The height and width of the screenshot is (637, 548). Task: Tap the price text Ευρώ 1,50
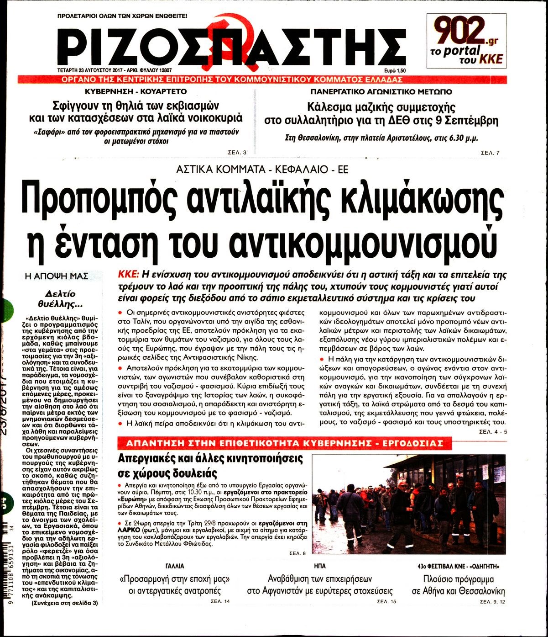(395, 70)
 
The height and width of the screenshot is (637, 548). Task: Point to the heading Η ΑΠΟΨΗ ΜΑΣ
(57, 276)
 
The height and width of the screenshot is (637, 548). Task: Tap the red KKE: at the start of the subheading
(128, 275)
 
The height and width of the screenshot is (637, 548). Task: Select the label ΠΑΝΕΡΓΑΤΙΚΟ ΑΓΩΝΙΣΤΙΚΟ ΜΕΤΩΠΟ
(381, 91)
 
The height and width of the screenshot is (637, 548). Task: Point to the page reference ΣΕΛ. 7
(491, 152)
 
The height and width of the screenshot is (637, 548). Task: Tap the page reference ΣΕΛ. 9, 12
(492, 601)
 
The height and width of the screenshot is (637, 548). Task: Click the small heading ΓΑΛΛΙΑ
(174, 566)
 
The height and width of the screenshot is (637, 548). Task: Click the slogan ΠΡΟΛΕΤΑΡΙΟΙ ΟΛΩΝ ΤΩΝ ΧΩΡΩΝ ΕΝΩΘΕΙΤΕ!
(122, 16)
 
